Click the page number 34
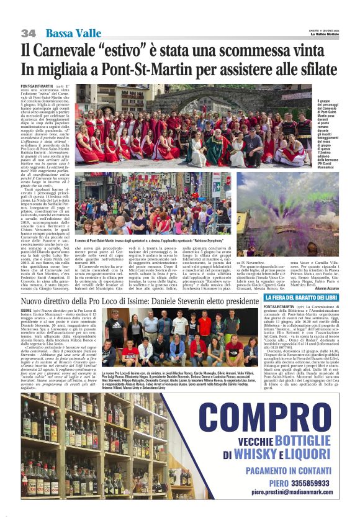[x=28, y=33]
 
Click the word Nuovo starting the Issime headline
[x=35, y=301]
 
